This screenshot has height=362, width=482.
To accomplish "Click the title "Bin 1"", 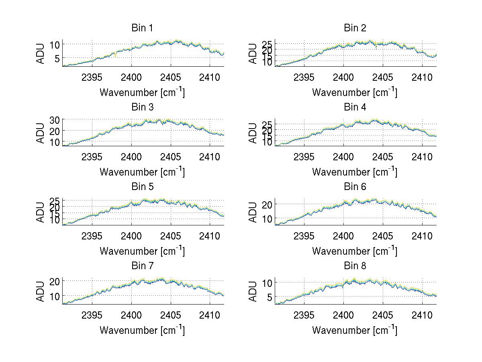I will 142,28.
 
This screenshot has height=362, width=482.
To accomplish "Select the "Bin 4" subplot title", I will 355,107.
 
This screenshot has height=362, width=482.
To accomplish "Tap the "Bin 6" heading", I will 355,187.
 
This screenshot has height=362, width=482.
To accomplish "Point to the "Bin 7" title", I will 142,266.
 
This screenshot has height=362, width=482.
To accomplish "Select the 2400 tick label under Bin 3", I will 131,156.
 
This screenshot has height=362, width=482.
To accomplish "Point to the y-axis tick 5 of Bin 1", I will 57,58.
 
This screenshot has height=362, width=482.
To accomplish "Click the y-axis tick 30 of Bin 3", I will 55,120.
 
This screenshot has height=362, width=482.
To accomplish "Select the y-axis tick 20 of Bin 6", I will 267,204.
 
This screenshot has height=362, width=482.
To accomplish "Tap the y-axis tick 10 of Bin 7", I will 55,296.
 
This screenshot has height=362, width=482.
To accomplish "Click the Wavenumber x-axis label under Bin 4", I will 355,172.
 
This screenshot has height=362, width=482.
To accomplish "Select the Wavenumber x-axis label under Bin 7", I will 142,330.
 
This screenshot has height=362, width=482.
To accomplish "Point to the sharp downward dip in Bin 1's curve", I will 116,56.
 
